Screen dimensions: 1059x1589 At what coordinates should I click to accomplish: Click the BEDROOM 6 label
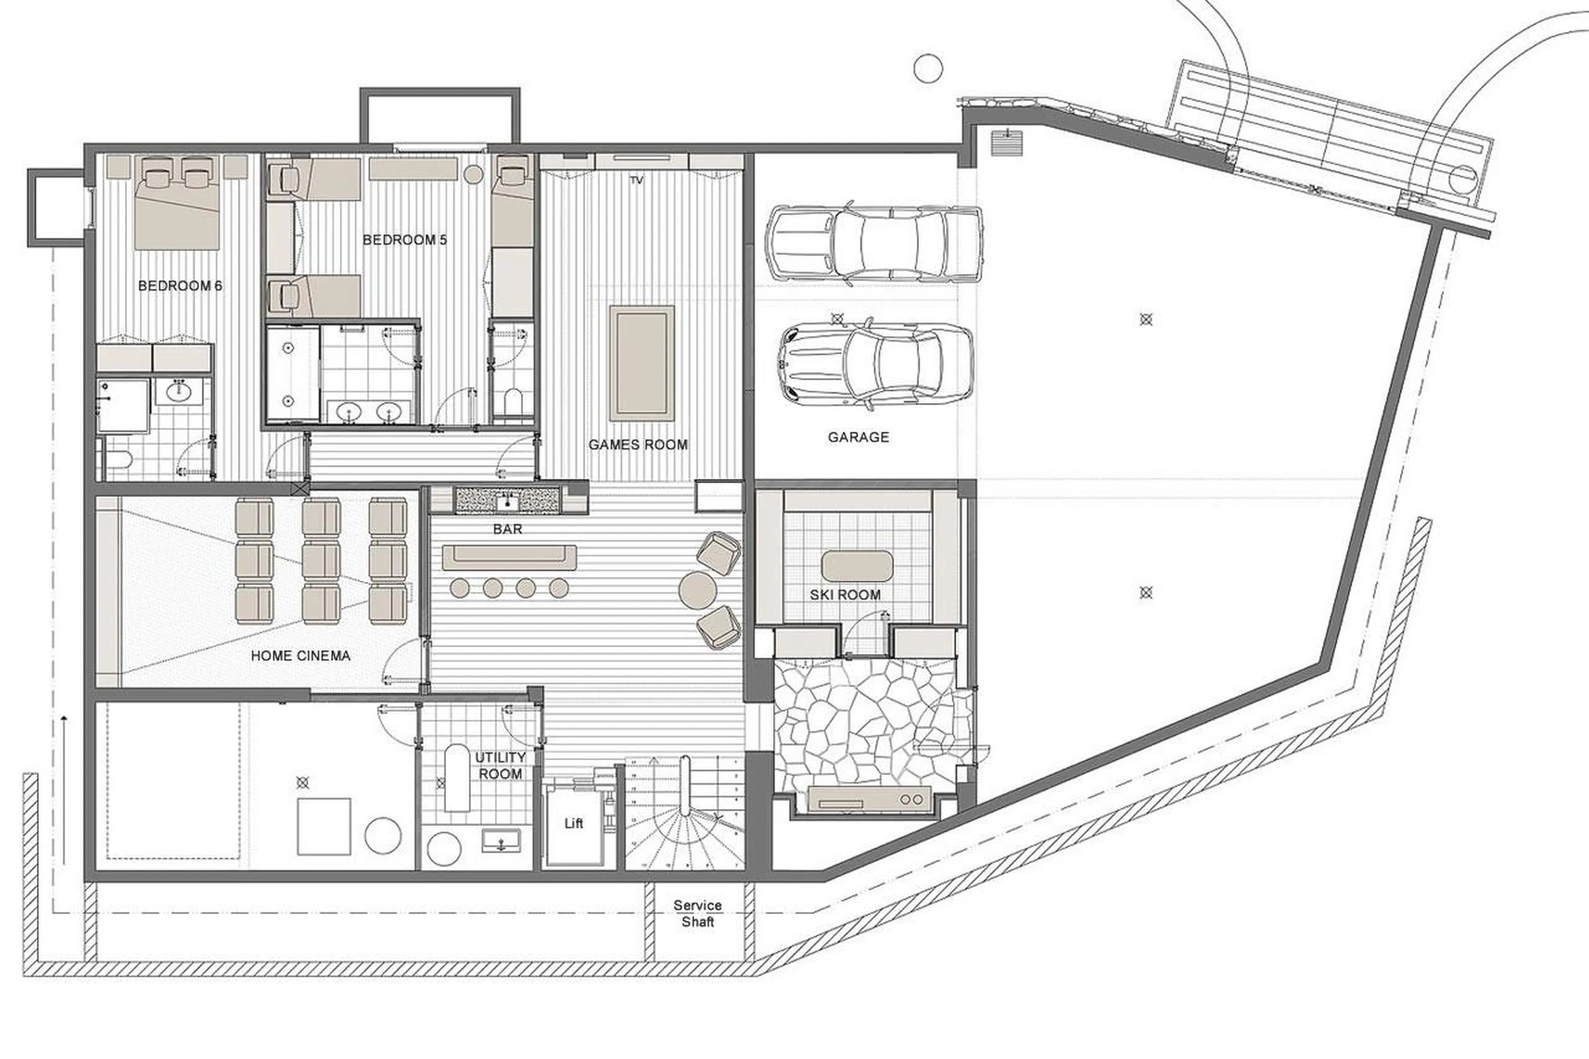coord(180,286)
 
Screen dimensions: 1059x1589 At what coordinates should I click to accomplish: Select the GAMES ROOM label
coord(638,444)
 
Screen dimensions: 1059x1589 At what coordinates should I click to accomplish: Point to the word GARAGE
coord(858,437)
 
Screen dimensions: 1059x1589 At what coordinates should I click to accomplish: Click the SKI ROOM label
coord(845,594)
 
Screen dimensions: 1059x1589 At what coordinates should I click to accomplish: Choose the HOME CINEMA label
coord(300,655)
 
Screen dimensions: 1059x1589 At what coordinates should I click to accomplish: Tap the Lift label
coord(574,823)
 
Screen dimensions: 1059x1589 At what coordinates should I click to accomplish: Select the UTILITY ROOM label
coord(500,765)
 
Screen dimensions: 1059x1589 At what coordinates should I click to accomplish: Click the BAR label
coord(507,529)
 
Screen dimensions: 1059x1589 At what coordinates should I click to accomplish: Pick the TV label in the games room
coord(636,180)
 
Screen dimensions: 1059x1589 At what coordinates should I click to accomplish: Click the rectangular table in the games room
coord(641,363)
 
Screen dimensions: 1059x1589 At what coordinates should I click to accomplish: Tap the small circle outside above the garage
coord(928,69)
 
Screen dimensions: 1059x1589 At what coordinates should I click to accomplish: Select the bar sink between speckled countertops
coord(508,500)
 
